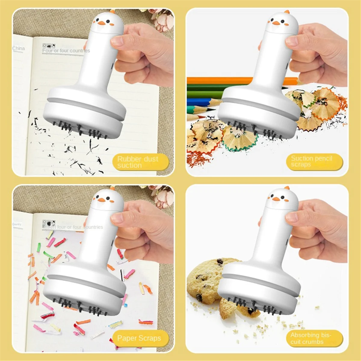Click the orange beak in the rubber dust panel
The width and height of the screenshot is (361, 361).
point(102,23)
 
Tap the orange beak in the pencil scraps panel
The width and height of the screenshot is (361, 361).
point(275,23)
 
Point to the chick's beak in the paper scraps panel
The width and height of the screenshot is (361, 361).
point(102,199)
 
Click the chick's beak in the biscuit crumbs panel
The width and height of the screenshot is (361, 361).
point(275,199)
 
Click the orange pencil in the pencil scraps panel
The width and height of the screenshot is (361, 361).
point(217,80)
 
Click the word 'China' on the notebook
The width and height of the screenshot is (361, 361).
point(18,48)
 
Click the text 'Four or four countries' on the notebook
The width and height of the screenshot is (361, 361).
point(66,51)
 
